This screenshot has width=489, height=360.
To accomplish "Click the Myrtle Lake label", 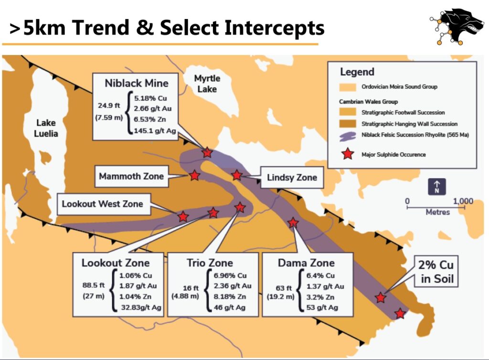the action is [x=207, y=84].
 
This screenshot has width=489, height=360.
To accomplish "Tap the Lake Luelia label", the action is [x=46, y=128].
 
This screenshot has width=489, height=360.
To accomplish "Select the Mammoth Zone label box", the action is [x=131, y=176].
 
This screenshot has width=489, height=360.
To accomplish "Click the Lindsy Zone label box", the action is [x=292, y=177].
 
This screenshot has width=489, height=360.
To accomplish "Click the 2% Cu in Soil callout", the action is [x=436, y=272].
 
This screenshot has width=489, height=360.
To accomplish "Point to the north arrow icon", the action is [x=436, y=186].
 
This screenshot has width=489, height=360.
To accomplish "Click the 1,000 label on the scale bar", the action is [x=463, y=201].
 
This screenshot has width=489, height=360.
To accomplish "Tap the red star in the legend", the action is [x=348, y=154].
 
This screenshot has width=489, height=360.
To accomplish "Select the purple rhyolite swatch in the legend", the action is [x=348, y=136].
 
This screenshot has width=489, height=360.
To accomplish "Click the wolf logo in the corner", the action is [x=457, y=26].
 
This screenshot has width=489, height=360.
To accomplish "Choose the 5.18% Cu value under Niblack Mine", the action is [x=150, y=98].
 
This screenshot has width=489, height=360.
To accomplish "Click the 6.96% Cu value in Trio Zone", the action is [x=230, y=275].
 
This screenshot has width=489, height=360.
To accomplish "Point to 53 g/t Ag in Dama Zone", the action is [x=322, y=307].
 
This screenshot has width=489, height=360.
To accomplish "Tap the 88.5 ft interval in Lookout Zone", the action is [x=94, y=285].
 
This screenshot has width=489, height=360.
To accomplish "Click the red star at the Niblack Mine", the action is [x=207, y=152].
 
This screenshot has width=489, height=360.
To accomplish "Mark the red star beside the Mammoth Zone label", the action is [x=195, y=175].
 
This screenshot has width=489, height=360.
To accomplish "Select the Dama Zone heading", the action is [x=306, y=263].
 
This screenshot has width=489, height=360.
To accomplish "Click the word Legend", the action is [x=357, y=72].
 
